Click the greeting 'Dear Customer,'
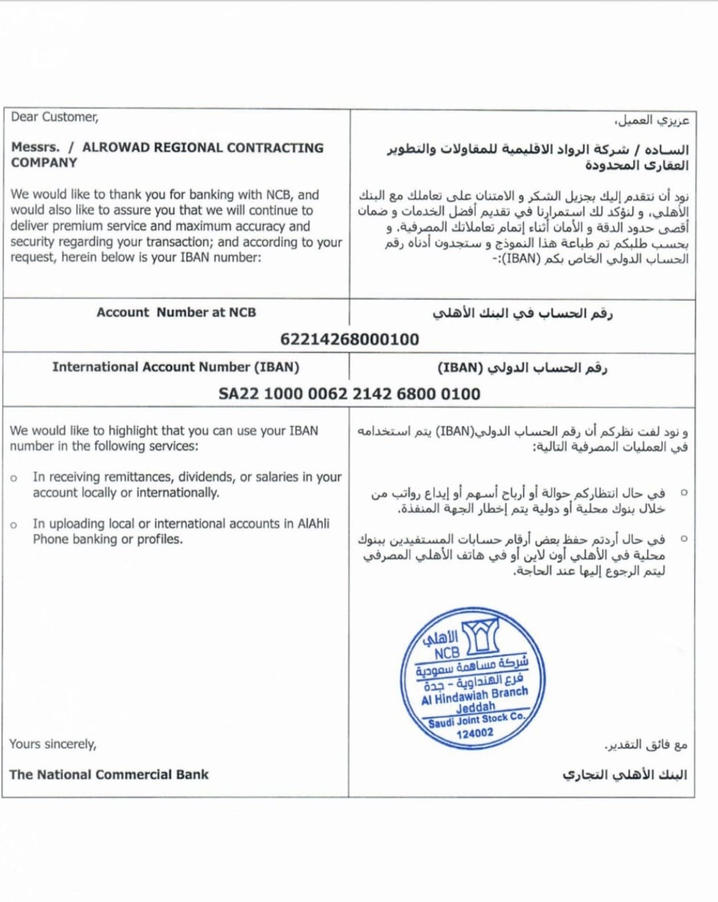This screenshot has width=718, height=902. point(55,117)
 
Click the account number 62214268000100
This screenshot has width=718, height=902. point(349,340)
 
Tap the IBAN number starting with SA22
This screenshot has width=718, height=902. point(349,394)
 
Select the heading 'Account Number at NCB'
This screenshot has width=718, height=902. point(176,312)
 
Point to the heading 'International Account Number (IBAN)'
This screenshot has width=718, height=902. point(176,367)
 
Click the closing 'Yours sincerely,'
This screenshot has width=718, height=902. point(53,744)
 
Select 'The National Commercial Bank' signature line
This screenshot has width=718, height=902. point(109,774)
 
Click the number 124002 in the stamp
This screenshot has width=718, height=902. point(475,733)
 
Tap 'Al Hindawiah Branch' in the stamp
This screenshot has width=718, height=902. point(475,695)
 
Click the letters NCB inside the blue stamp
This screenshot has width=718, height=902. point(447,653)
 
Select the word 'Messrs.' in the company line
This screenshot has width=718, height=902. point(35,148)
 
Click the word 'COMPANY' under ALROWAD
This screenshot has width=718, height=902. point(44,163)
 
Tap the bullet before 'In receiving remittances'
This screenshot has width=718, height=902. point(14,478)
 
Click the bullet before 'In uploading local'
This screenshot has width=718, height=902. point(14,525)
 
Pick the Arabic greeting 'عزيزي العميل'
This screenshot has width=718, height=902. point(652,120)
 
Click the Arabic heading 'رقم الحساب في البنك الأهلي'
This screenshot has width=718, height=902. point(523,313)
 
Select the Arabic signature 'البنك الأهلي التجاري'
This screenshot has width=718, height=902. point(624,774)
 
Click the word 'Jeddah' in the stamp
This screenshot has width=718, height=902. point(475,707)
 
